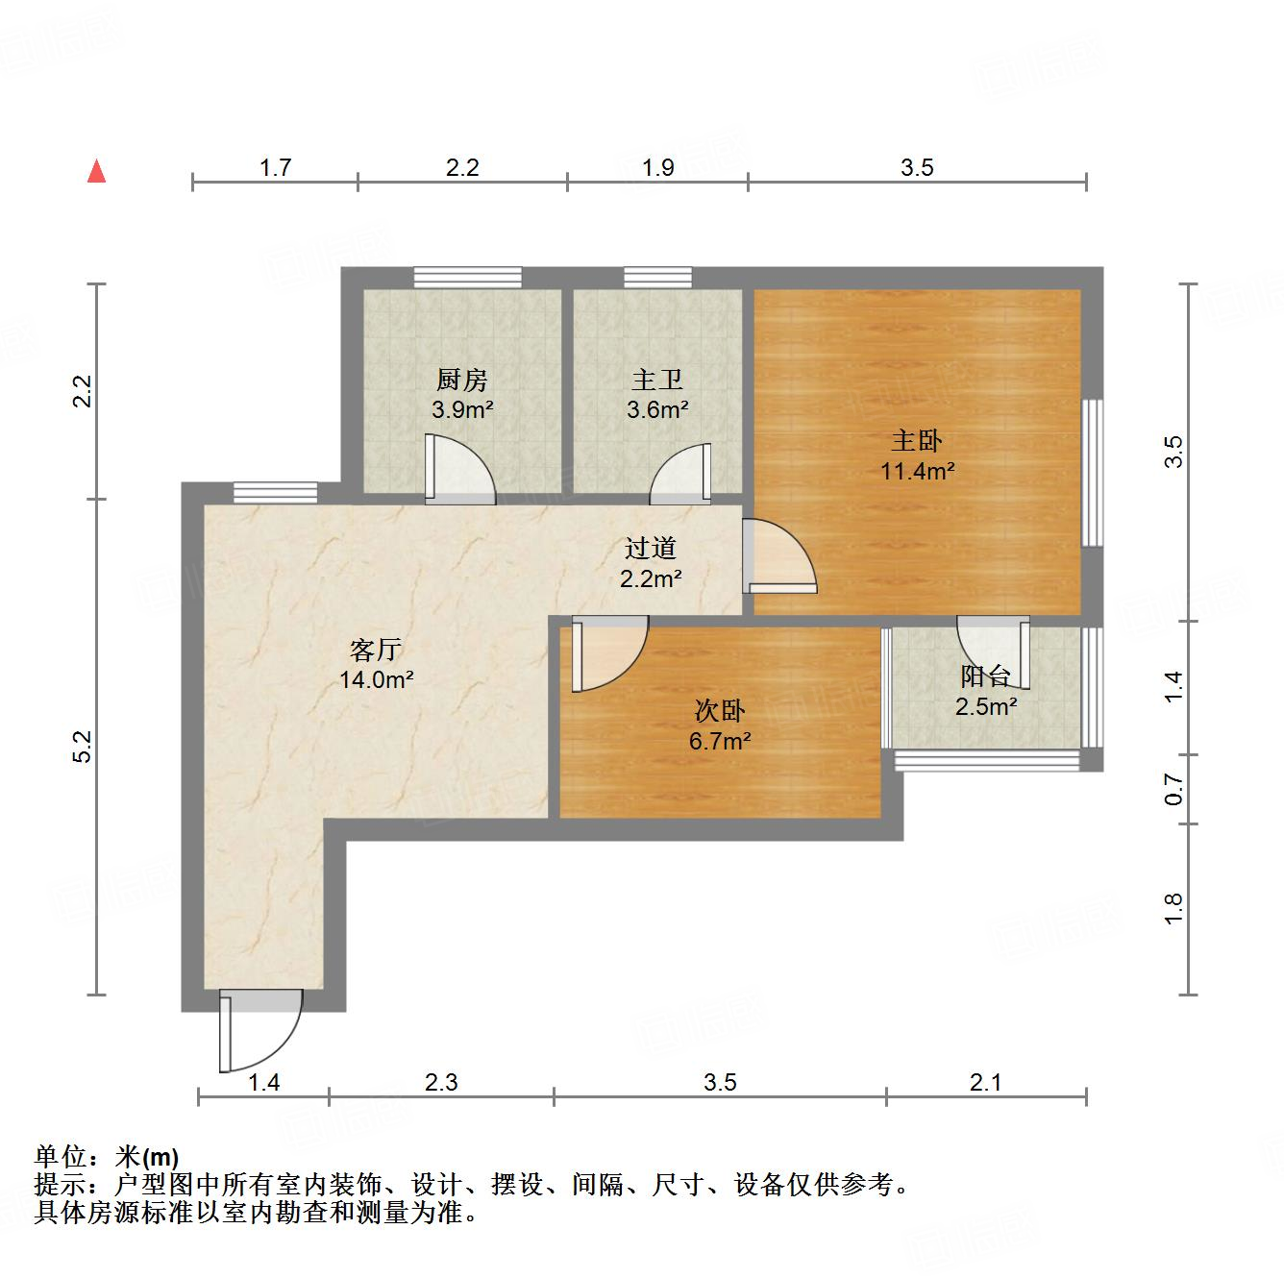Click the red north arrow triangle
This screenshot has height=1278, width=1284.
click(96, 172)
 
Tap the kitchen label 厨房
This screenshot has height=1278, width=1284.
click(462, 381)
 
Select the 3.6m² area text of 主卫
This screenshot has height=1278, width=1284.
click(657, 410)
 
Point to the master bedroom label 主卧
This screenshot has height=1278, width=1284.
click(917, 441)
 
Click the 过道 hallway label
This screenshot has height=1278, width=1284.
click(651, 549)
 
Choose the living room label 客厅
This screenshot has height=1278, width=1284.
click(376, 651)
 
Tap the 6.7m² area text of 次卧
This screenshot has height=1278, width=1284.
click(720, 741)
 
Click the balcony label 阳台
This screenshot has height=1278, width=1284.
click(985, 676)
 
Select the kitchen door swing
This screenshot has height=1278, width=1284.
click(462, 470)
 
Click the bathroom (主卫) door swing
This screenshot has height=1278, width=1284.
click(681, 476)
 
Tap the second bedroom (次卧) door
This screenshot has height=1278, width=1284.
click(608, 653)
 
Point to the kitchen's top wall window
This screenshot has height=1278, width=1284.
click(468, 278)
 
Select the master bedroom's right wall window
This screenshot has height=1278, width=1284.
click(1092, 473)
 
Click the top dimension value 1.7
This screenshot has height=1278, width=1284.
click(275, 168)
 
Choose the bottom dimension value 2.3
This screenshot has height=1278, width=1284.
click(441, 1083)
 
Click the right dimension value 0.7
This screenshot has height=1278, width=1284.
click(1173, 789)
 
